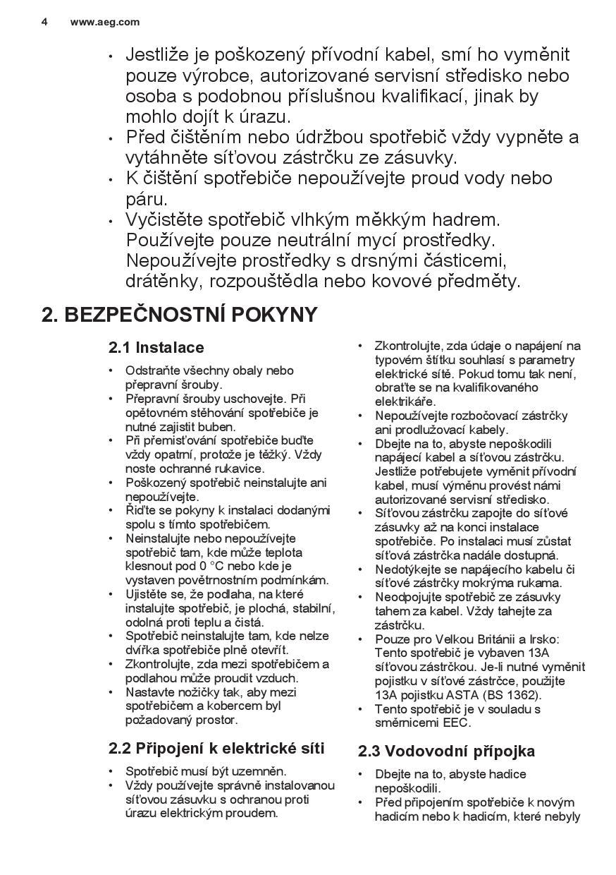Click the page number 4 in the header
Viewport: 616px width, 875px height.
tap(44, 22)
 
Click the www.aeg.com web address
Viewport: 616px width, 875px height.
tap(105, 22)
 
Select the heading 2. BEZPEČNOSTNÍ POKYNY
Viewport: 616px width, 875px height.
tap(180, 315)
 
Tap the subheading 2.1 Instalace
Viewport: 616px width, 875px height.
tap(156, 347)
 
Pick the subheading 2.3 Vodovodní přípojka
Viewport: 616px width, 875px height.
tap(446, 751)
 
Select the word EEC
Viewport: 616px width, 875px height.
tap(457, 723)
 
